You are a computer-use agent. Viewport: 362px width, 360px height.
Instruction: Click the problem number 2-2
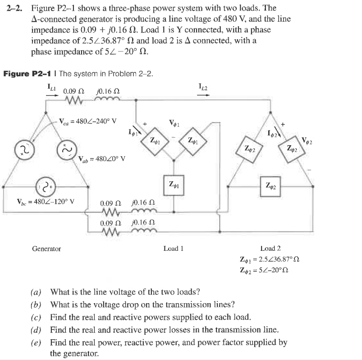click(x=14, y=8)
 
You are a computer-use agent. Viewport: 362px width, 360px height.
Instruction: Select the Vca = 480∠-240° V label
click(x=88, y=121)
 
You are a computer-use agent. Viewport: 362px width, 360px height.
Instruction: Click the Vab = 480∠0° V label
click(x=101, y=159)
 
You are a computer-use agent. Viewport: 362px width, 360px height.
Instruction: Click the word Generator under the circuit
click(x=46, y=248)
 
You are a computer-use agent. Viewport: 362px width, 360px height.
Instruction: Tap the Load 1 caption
click(x=174, y=248)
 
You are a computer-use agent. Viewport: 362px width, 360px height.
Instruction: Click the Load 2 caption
click(x=270, y=248)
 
